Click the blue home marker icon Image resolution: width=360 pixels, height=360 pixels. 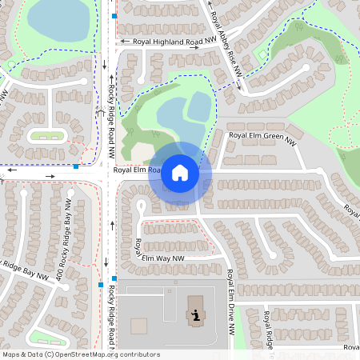pyautogui.click(x=180, y=173)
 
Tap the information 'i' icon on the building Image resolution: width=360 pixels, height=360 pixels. pyautogui.click(x=195, y=314)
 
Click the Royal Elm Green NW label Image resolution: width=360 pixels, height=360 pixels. pyautogui.click(x=262, y=137)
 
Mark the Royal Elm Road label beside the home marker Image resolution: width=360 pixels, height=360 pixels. pyautogui.click(x=133, y=170)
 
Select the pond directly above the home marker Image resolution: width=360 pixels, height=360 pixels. pyautogui.click(x=183, y=115)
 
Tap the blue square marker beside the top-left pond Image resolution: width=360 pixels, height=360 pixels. pyautogui.click(x=114, y=16)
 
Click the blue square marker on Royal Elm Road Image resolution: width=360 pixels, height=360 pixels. pyautogui.click(x=75, y=166)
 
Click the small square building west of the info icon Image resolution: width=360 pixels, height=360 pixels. pyautogui.click(x=139, y=326)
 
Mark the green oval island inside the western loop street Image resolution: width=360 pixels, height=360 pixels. pyautogui.click(x=46, y=135)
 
